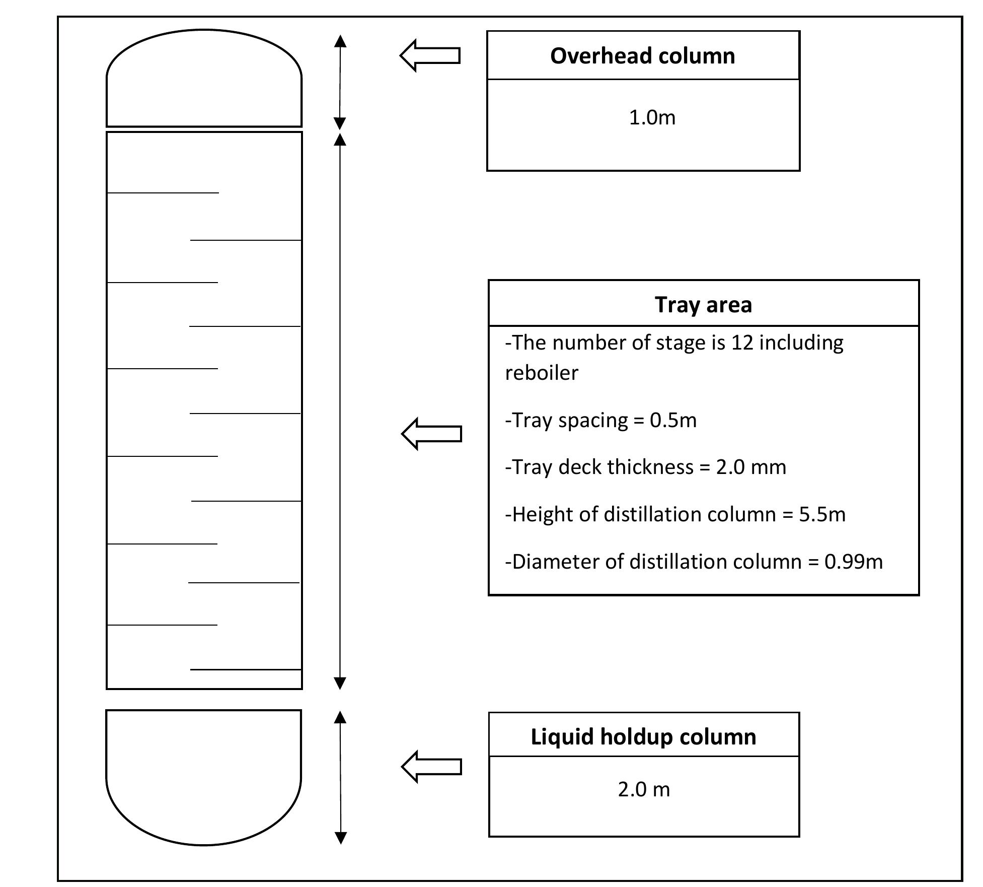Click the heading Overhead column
click(x=642, y=56)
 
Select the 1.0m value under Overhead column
click(x=652, y=118)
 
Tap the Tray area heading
click(x=703, y=305)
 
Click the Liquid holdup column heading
click(x=643, y=736)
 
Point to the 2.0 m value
click(x=644, y=789)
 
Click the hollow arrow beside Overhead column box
click(x=430, y=55)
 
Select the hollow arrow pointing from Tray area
click(x=432, y=434)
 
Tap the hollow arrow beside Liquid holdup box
click(x=432, y=766)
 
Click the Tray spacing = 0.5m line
click(x=600, y=420)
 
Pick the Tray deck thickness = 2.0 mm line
click(x=645, y=467)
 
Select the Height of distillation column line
click(x=675, y=514)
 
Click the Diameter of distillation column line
click(x=694, y=562)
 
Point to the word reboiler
click(x=542, y=373)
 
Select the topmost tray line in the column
click(x=163, y=193)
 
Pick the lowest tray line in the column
click(x=246, y=669)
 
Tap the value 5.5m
click(x=822, y=514)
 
